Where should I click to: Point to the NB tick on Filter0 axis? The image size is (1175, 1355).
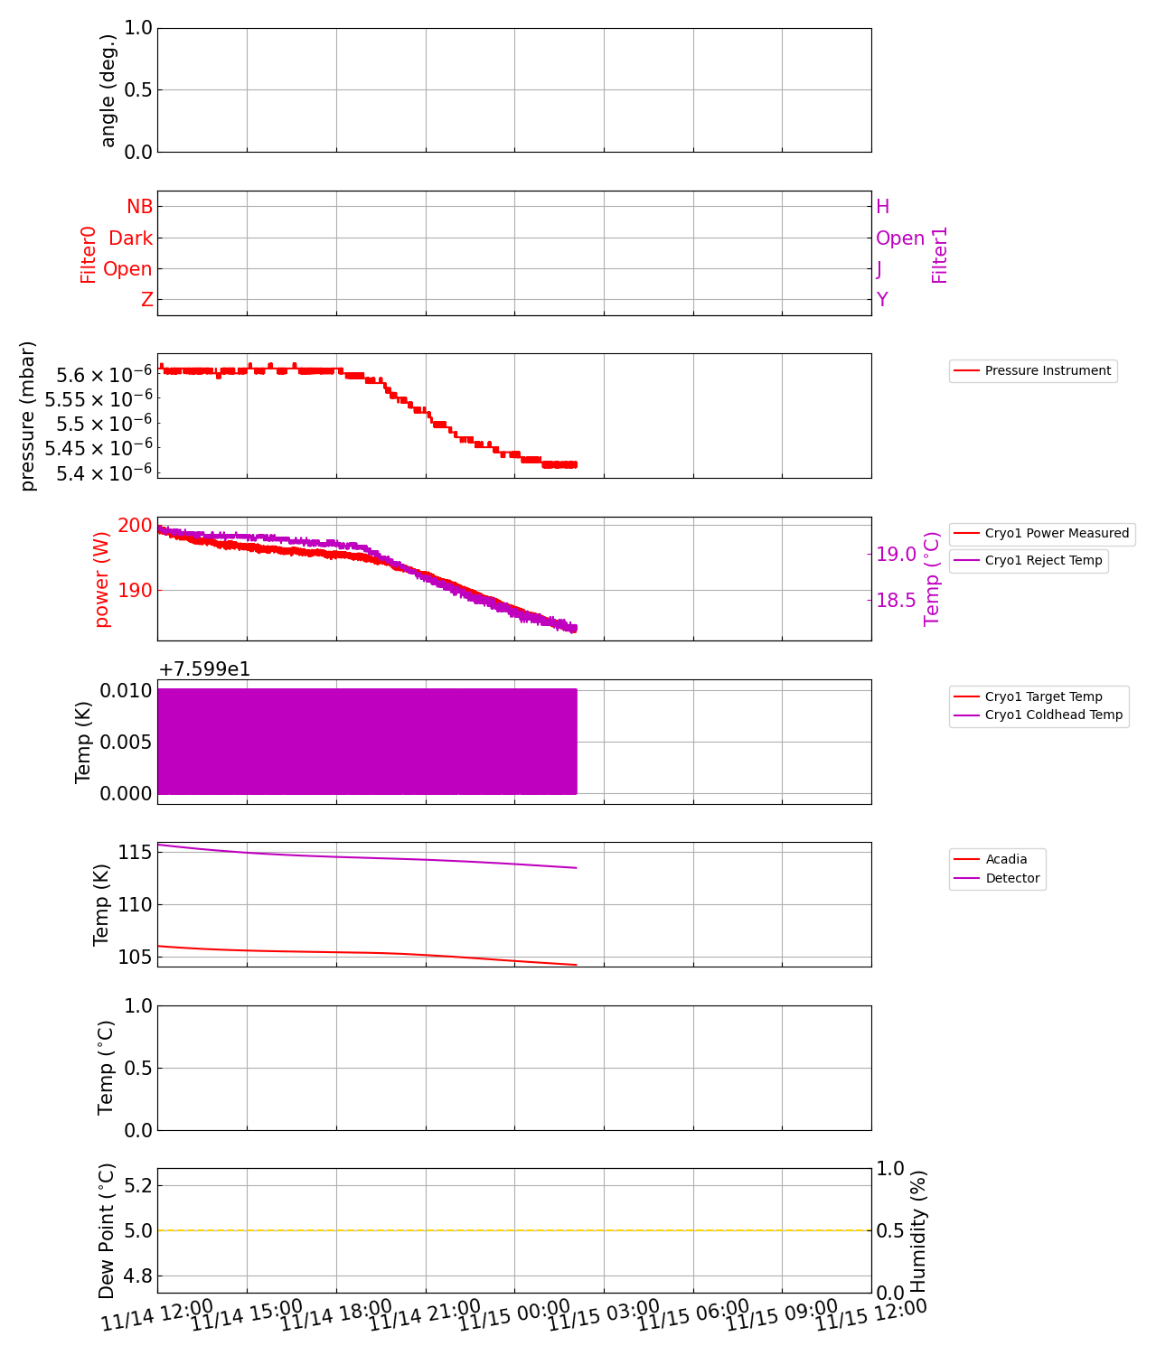[139, 207]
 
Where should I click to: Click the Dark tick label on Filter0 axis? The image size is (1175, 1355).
[130, 238]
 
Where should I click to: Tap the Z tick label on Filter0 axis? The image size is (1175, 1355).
[147, 300]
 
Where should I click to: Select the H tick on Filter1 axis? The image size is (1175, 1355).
[883, 207]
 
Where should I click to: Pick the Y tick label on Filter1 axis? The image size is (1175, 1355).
[882, 300]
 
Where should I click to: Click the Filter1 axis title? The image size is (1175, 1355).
[940, 255]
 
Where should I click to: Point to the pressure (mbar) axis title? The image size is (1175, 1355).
[28, 416]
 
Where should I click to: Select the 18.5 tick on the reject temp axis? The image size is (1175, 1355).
[896, 601]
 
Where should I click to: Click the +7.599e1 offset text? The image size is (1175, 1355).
[204, 669]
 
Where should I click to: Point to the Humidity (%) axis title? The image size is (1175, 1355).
[918, 1230]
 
